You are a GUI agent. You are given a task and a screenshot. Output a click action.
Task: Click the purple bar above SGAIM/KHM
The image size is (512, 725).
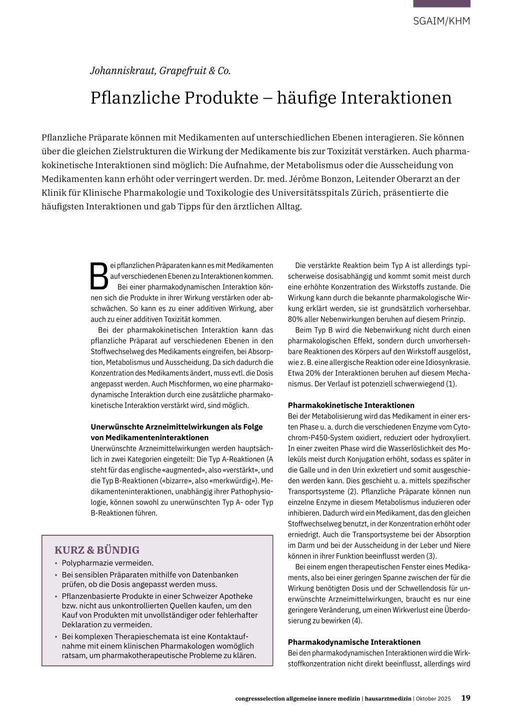pos(441,4)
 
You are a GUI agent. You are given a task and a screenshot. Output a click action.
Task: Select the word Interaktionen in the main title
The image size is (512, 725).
pos(396,97)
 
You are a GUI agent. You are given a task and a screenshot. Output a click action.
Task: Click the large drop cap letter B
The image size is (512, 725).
pos(99,276)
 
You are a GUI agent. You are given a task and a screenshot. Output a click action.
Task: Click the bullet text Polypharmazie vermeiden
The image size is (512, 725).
pos(107,563)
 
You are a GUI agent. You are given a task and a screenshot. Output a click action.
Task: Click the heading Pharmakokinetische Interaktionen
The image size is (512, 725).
pos(351,405)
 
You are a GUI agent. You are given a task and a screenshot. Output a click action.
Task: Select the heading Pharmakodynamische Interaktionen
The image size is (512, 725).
pos(354,642)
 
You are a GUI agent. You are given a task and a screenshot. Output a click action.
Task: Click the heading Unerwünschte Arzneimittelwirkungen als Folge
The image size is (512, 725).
pos(176,427)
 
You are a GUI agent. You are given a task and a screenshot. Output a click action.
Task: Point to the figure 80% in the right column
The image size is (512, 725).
pos(295,319)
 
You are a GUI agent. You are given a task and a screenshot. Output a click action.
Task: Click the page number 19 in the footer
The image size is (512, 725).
pos(465,697)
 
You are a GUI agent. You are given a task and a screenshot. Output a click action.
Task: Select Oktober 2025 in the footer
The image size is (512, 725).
pos(433,698)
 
